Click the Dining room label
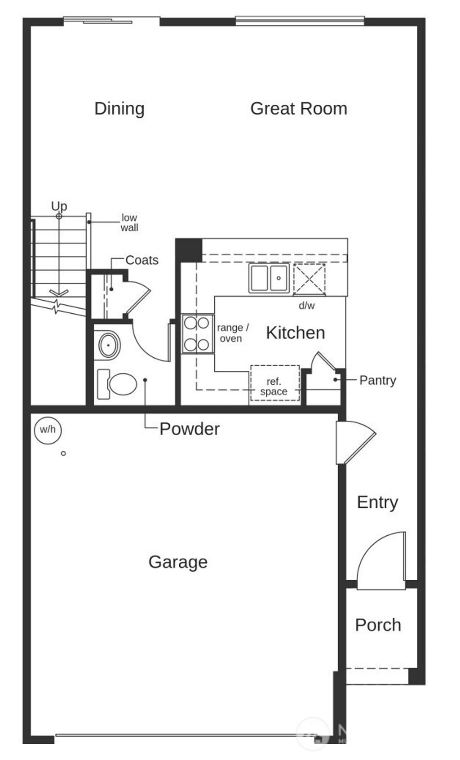119,109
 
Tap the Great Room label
298,109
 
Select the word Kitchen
295,333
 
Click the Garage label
178,562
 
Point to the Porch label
378,625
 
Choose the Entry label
377,502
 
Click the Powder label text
189,429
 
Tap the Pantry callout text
377,380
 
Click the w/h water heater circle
48,430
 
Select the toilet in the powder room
118,384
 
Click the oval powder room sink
109,345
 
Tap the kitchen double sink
269,278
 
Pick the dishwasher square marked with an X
309,279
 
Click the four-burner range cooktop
197,333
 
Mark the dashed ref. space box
274,382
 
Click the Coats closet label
142,260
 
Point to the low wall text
129,222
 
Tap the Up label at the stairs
59,206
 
